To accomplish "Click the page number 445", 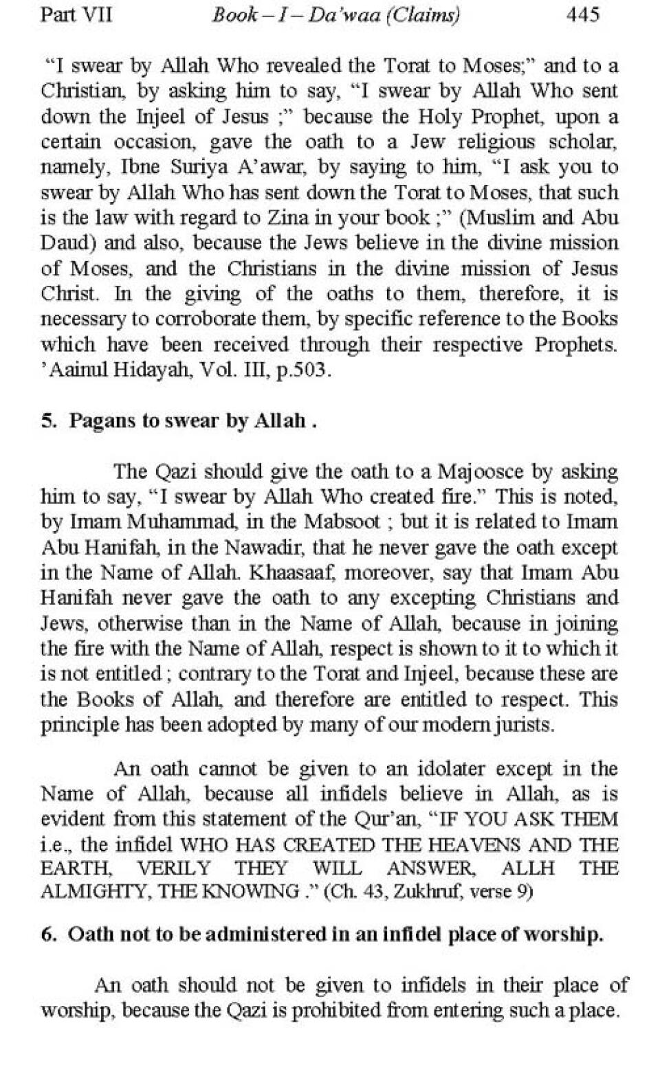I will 582,14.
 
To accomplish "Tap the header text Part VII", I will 76,14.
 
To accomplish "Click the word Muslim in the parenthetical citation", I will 505,218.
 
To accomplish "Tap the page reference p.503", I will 303,370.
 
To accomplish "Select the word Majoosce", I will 484,471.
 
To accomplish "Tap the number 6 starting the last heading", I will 47,935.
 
